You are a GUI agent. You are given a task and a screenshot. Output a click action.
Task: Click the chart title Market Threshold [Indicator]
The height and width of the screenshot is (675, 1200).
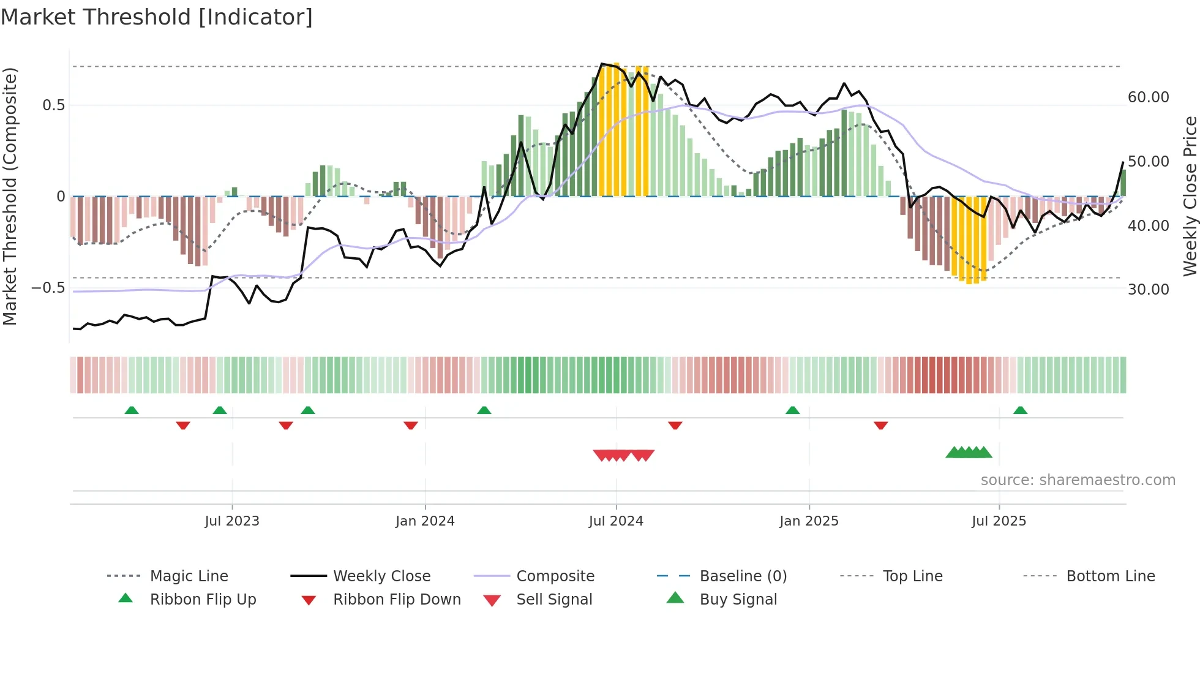[157, 17]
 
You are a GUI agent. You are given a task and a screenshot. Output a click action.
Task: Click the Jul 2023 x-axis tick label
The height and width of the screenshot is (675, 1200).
[232, 521]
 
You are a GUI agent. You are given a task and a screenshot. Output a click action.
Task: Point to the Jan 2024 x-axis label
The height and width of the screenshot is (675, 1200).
[425, 521]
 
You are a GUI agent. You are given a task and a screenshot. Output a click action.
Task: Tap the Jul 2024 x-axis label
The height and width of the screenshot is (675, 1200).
[616, 521]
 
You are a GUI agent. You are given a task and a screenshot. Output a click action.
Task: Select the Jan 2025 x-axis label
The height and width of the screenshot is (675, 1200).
[809, 521]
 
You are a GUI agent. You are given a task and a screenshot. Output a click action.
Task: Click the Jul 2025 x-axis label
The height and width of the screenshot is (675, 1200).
[999, 521]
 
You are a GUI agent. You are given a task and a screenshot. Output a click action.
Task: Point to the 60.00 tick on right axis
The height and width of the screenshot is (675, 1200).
[1148, 97]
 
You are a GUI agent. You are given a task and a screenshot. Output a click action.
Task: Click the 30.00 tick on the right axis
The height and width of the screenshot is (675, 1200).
[1148, 290]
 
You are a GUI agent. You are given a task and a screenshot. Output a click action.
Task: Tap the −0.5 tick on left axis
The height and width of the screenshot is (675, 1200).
[48, 288]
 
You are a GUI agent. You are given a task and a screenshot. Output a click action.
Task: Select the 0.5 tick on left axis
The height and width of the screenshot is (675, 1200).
[53, 105]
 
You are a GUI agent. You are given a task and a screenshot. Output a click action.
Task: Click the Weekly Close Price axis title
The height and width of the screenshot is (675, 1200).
[1190, 196]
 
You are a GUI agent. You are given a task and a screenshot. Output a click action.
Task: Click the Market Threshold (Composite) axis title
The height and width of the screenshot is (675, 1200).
[10, 196]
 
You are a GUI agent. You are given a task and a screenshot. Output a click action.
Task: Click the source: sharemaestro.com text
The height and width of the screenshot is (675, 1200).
[1078, 480]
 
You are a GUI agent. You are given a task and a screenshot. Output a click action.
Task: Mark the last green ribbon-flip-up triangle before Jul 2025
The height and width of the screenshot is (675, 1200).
[792, 410]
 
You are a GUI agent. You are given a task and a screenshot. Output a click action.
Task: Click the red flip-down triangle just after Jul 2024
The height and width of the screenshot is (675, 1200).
[675, 425]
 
